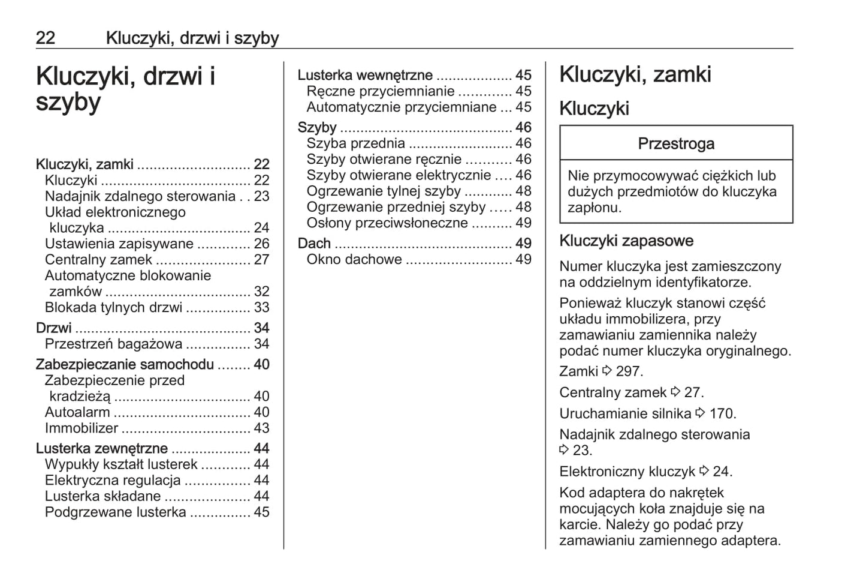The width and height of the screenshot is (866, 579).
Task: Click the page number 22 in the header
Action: coord(46,38)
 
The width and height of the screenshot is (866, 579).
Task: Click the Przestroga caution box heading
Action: coord(675,144)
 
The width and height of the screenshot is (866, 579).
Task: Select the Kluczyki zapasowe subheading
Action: coord(626,241)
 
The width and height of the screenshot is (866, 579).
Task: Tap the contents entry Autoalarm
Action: coord(77,412)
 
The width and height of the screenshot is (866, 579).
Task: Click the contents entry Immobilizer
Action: coord(82,428)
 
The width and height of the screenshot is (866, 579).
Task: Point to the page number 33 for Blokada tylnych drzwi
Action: coord(261,308)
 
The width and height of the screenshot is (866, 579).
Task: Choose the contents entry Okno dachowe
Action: coord(354,260)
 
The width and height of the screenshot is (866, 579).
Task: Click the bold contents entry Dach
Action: coord(314,244)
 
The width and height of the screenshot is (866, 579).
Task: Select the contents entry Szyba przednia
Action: coord(356,143)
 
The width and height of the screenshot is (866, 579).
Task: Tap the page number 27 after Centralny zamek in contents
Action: coord(261,260)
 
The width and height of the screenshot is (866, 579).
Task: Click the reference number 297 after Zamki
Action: coord(628,371)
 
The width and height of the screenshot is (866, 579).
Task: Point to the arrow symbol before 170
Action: coord(701,413)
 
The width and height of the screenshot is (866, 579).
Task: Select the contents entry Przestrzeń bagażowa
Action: coord(113,344)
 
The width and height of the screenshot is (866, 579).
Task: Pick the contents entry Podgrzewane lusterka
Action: coord(115,512)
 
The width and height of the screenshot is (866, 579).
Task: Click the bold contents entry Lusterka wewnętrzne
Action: coord(365,76)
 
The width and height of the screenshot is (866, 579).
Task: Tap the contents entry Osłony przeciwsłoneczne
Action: coord(387,223)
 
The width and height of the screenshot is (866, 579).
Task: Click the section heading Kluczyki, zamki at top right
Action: coord(635,75)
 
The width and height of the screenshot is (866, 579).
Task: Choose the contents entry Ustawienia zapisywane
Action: coord(119,244)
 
